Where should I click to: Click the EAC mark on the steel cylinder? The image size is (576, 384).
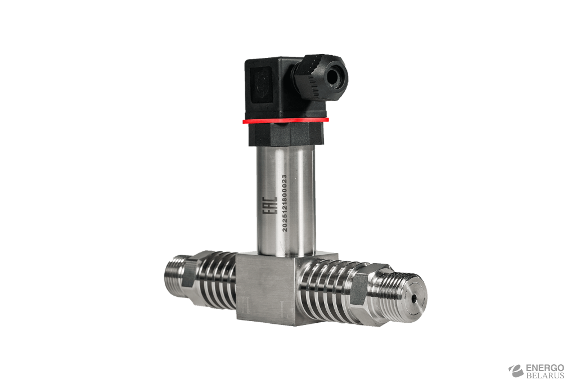pos(269,206)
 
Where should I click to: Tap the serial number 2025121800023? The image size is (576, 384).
pos(284,203)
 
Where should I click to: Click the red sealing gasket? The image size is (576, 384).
pos(285,120)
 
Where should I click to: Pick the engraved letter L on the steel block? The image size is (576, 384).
pos(283,307)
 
